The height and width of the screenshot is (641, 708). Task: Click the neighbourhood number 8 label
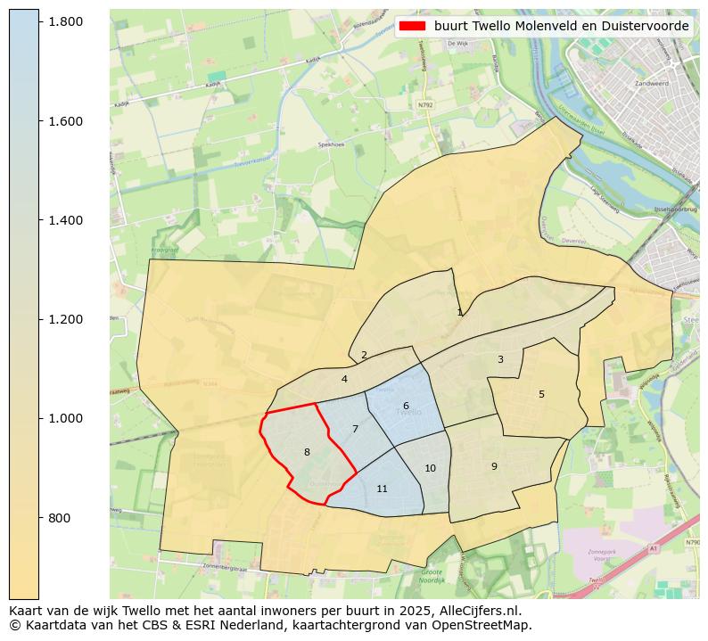[x=307, y=452]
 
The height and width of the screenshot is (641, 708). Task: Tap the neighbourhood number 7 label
[x=355, y=429]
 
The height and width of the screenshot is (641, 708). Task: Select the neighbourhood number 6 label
[x=406, y=406]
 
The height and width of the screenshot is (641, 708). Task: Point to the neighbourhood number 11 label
[x=382, y=489]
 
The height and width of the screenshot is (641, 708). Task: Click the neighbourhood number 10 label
[x=430, y=468]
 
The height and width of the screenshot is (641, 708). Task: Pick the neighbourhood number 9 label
[x=494, y=466]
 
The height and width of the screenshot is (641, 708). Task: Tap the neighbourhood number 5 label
[x=541, y=394]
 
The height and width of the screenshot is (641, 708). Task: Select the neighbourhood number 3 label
[x=500, y=359]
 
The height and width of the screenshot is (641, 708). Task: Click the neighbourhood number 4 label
[x=344, y=379]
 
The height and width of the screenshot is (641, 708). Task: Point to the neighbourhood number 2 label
[x=364, y=355]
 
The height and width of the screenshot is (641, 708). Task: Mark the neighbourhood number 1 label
[x=460, y=312]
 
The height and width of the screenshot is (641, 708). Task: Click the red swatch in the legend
[x=412, y=26]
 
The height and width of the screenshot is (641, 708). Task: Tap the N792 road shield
[x=425, y=103]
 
